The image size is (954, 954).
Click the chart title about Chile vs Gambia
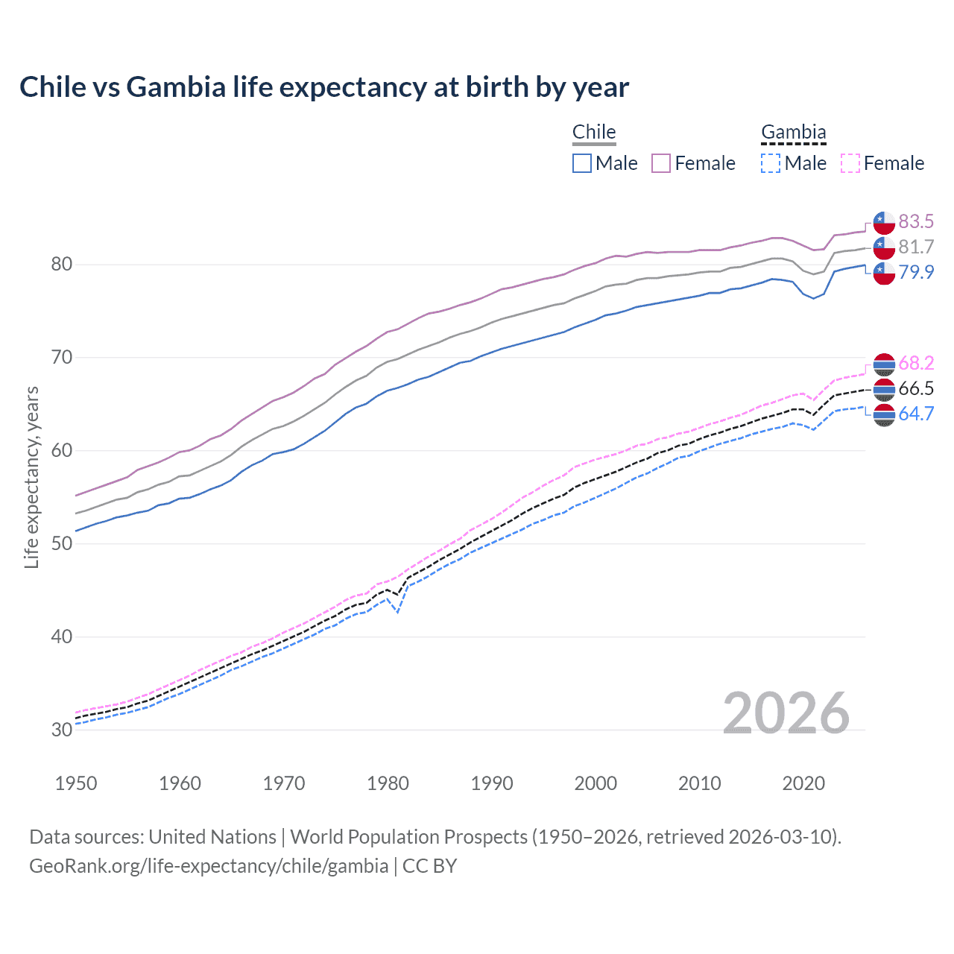[x=324, y=87]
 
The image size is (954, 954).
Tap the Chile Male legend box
[x=582, y=163]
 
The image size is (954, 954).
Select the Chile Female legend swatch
[x=661, y=163]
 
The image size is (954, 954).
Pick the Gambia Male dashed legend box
[x=771, y=163]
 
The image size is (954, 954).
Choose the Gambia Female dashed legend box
[x=850, y=163]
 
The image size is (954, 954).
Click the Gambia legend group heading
[x=793, y=132]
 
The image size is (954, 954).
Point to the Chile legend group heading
[x=594, y=132]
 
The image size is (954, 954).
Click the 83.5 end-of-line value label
[x=916, y=221]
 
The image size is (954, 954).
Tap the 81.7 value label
[x=916, y=247]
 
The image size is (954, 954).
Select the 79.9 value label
[x=916, y=272]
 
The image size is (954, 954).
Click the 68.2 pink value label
[x=916, y=363]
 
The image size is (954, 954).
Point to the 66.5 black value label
[x=916, y=388]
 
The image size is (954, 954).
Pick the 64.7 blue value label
[x=916, y=414]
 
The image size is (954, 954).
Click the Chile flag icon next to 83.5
[x=884, y=222]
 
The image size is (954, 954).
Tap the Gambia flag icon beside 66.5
[x=884, y=389]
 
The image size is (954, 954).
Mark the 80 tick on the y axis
[x=63, y=265]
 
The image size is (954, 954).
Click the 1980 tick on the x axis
[x=388, y=783]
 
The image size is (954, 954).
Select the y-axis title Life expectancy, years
[x=31, y=477]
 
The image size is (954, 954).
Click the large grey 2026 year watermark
[x=786, y=713]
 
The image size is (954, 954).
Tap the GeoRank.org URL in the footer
[x=209, y=866]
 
